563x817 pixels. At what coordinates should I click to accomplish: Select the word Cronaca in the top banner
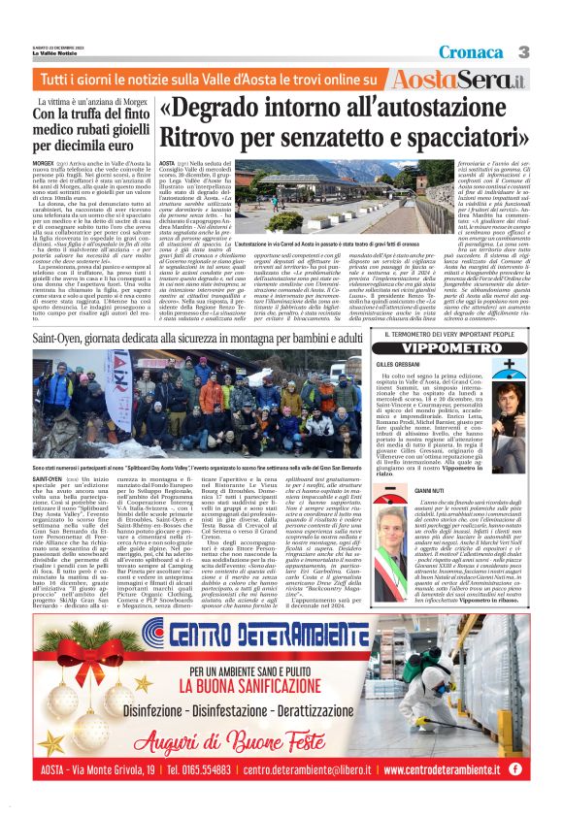click(476, 50)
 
